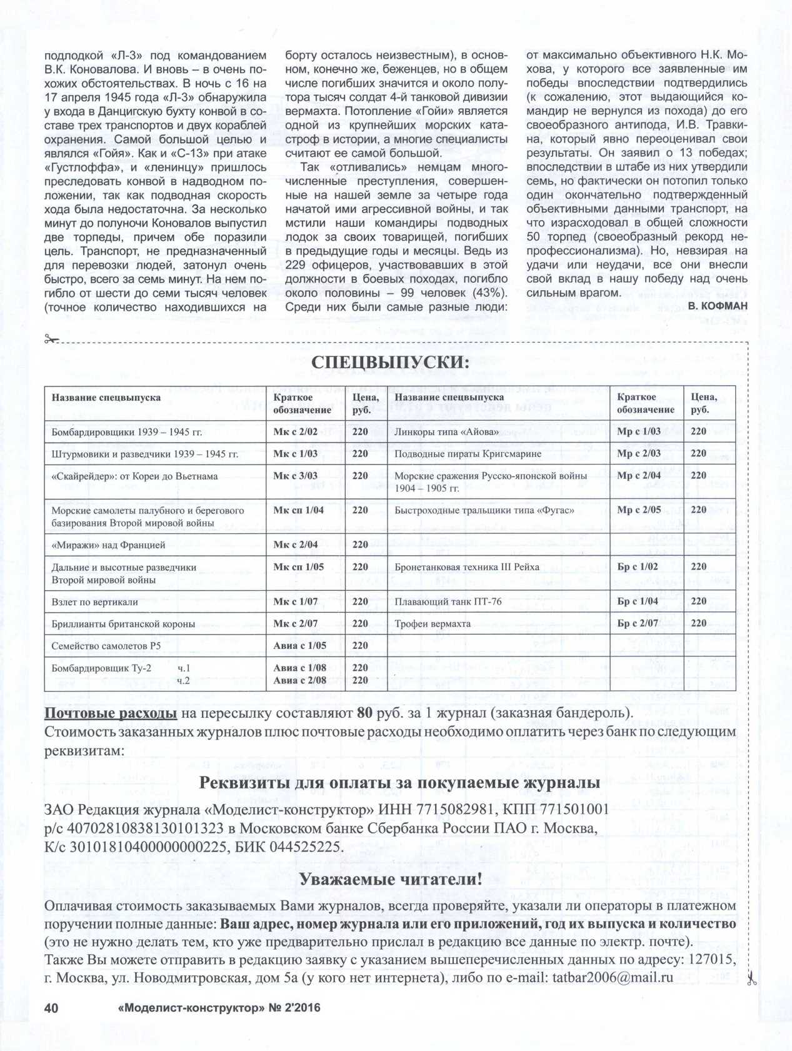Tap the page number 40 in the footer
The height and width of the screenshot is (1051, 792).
tap(51, 1008)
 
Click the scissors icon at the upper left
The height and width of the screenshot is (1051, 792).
tap(51, 339)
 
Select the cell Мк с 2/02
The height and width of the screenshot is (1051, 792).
tap(295, 431)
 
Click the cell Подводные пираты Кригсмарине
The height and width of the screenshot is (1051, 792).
tap(468, 453)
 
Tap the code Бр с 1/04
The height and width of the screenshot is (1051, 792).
tap(637, 601)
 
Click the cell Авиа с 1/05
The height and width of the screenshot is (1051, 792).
tap(299, 645)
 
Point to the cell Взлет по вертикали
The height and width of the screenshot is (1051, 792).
tap(94, 601)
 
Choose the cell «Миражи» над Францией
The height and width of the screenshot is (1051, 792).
tap(108, 545)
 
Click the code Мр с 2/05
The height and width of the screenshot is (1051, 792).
tap(638, 510)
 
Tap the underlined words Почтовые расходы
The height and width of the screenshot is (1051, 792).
tap(111, 713)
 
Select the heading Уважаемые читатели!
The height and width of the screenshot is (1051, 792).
tap(391, 878)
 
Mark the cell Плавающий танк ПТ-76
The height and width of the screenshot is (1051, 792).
tap(448, 601)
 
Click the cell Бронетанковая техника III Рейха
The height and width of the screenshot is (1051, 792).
tap(466, 567)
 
